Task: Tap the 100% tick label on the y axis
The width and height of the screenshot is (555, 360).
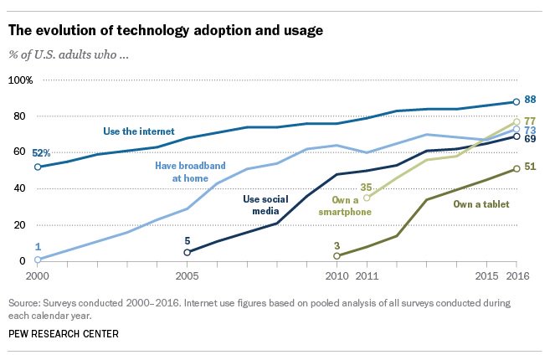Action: click(x=20, y=80)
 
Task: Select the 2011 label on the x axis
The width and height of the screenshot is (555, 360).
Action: click(x=367, y=275)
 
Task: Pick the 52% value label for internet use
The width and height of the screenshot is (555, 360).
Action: click(x=18, y=153)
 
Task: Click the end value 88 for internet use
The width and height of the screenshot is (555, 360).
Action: click(x=531, y=100)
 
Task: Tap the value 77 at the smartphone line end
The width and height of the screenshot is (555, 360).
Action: click(x=530, y=121)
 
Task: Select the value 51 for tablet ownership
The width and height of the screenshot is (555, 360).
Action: click(x=530, y=167)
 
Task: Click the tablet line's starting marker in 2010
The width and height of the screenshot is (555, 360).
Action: click(x=337, y=255)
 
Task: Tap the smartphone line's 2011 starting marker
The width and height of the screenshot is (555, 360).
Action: click(x=367, y=198)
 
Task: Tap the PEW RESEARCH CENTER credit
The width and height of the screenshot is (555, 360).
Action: click(x=63, y=335)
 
